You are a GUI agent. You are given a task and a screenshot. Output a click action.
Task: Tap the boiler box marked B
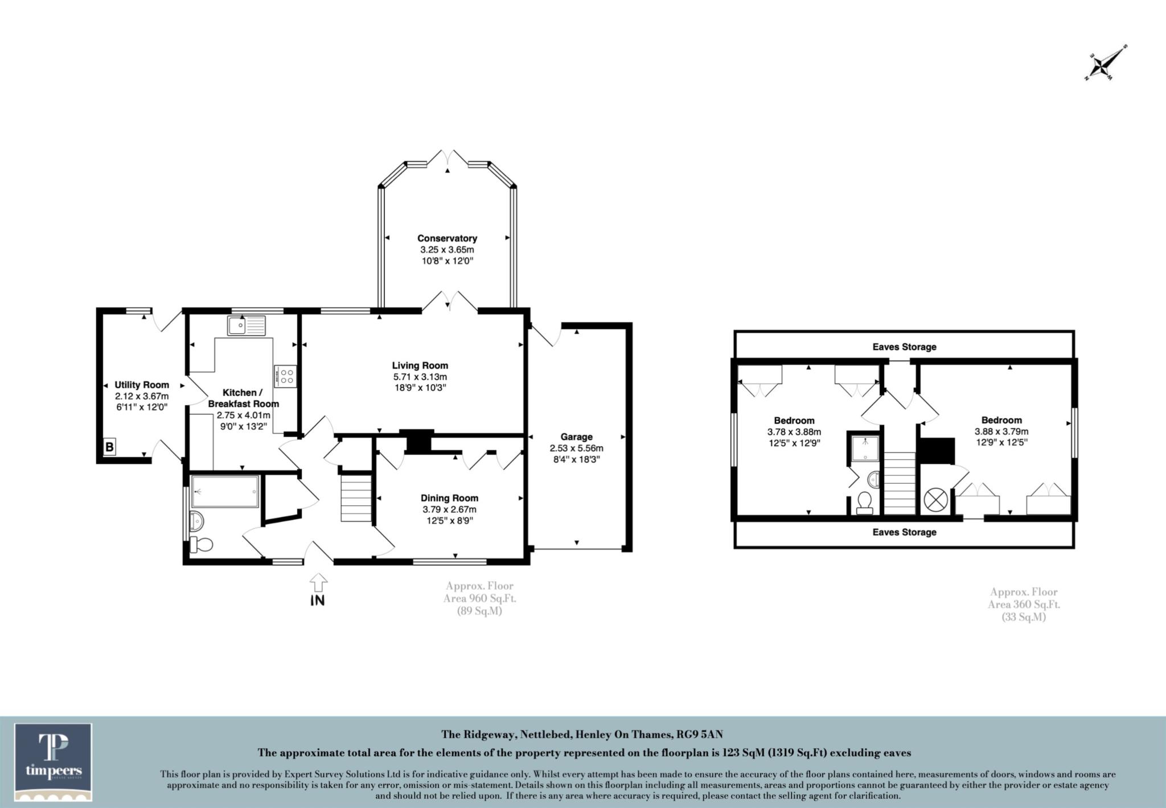pyautogui.click(x=109, y=447)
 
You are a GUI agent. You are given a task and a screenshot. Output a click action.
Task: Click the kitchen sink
pyautogui.click(x=245, y=325)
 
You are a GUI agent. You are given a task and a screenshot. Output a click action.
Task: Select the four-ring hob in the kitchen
pyautogui.click(x=285, y=376)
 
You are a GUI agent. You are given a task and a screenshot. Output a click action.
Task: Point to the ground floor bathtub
pyautogui.click(x=225, y=491)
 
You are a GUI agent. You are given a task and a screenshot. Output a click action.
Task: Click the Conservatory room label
pyautogui.click(x=447, y=238)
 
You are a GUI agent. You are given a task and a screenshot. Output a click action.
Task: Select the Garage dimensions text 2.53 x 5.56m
pyautogui.click(x=576, y=448)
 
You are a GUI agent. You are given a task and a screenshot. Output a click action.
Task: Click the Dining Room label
pyautogui.click(x=449, y=498)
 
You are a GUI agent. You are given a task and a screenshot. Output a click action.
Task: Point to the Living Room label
pyautogui.click(x=420, y=365)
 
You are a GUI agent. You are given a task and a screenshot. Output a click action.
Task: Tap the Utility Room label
pyautogui.click(x=142, y=385)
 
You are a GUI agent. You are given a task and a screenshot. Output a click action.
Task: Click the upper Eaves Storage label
pyautogui.click(x=904, y=346)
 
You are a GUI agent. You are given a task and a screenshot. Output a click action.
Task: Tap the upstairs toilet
pyautogui.click(x=865, y=503)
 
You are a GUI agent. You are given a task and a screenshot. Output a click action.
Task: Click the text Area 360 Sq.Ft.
pyautogui.click(x=1024, y=605)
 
